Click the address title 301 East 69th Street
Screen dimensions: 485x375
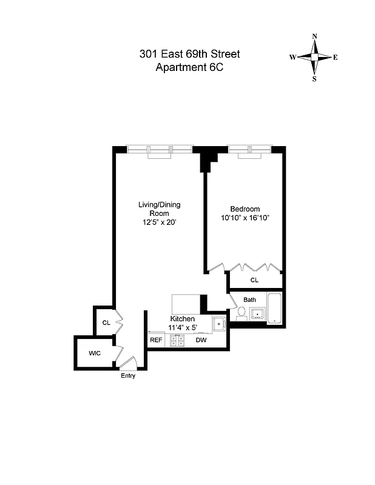click(x=189, y=55)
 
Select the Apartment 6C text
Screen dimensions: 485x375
click(x=189, y=68)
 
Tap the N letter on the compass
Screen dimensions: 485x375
click(x=314, y=36)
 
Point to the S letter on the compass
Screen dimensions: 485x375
click(x=314, y=78)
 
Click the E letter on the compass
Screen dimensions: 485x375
click(x=336, y=58)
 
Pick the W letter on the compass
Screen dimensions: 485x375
click(x=292, y=58)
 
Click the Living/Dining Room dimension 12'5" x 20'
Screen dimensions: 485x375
click(x=160, y=222)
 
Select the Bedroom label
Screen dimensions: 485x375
click(x=245, y=209)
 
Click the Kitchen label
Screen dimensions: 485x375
click(x=182, y=319)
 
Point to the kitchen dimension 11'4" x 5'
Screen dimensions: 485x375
click(x=182, y=328)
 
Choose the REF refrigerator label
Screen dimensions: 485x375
click(x=156, y=341)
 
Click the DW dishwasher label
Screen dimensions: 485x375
click(x=201, y=341)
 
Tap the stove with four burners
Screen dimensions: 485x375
click(x=177, y=341)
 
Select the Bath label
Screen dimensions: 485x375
click(x=250, y=299)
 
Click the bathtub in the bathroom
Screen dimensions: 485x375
click(x=275, y=308)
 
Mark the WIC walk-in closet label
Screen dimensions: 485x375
click(x=94, y=352)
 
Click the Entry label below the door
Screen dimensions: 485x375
click(x=128, y=376)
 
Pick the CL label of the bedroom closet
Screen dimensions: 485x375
click(x=254, y=280)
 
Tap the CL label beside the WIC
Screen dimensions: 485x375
click(x=106, y=323)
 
